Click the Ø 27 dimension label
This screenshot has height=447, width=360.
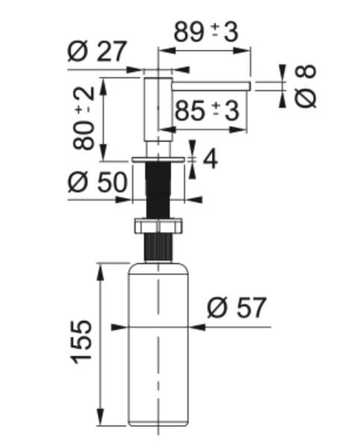[98, 52]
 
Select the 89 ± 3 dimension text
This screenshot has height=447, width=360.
[205, 33]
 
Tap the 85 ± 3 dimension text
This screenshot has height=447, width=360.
[205, 111]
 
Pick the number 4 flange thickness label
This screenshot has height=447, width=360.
[209, 159]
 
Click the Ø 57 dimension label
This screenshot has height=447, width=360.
[236, 307]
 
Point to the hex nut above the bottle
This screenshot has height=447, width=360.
[157, 226]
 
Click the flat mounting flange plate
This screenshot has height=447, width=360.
[157, 160]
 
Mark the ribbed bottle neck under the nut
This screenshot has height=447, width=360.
[157, 248]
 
